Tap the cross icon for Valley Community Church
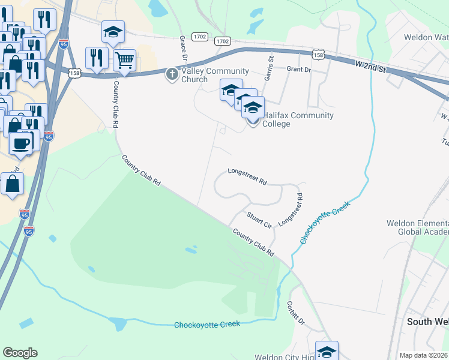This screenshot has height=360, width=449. [x=171, y=74]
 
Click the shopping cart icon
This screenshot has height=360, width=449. [x=125, y=59]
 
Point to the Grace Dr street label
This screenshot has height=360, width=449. [x=183, y=47]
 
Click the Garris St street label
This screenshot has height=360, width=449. [x=270, y=67]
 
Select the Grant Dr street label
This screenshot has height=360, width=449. [x=298, y=70]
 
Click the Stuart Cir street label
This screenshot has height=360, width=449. [x=259, y=218]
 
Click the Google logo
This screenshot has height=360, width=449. [x=20, y=353]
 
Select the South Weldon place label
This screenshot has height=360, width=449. [x=427, y=322]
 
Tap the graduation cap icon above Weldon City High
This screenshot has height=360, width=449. [x=327, y=351]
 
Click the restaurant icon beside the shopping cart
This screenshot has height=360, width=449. [x=96, y=58]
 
